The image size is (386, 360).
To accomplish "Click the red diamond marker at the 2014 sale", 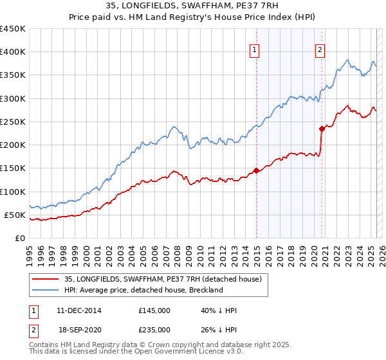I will point(256,170).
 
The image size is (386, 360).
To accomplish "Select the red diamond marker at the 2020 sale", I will point(322,129).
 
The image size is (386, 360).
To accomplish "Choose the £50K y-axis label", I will point(15,215).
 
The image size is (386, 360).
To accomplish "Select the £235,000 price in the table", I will point(154,329).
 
